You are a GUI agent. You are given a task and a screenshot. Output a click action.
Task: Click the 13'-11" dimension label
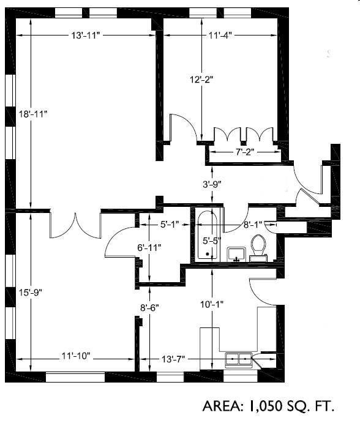85,35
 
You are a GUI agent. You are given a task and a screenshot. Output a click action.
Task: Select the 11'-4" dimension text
220,35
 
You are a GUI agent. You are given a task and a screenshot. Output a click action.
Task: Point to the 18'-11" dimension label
32,114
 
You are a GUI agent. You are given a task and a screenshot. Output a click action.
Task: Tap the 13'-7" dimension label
172,358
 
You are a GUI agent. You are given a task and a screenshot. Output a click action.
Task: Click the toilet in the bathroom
258,247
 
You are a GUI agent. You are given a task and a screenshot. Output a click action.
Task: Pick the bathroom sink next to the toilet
236,253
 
